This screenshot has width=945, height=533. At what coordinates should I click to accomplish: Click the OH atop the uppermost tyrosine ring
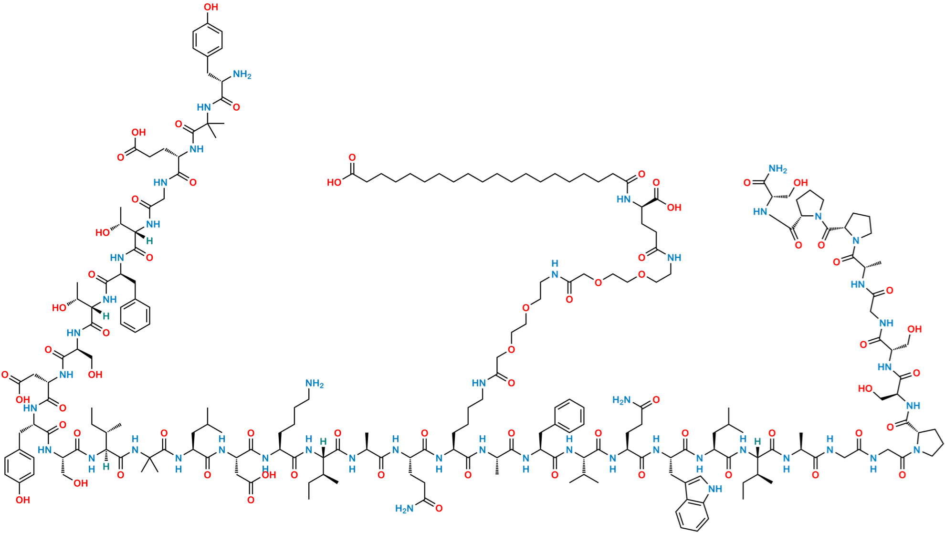pyautogui.click(x=212, y=7)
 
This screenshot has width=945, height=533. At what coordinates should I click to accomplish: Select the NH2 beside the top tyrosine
pyautogui.click(x=241, y=75)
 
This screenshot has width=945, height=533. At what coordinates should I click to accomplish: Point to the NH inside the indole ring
pyautogui.click(x=715, y=489)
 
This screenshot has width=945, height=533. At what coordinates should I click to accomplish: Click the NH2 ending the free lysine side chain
pyautogui.click(x=315, y=383)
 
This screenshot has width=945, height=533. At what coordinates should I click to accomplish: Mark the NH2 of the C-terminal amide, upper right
pyautogui.click(x=777, y=168)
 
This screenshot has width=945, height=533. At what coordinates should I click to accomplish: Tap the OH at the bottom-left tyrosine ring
pyautogui.click(x=22, y=500)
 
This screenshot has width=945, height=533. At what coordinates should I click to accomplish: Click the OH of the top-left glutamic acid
pyautogui.click(x=138, y=132)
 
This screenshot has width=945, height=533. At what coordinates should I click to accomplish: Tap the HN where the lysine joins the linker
pyautogui.click(x=479, y=383)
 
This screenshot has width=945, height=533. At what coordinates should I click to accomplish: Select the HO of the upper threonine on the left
pyautogui.click(x=103, y=233)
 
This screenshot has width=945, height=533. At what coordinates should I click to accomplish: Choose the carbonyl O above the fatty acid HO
pyautogui.click(x=352, y=158)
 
